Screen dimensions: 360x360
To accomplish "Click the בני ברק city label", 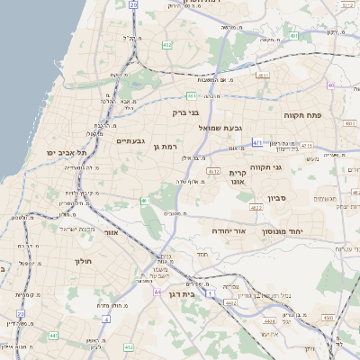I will (188, 113).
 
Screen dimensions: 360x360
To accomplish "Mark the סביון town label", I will (275, 197).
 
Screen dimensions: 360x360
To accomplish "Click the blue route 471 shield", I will (257, 142).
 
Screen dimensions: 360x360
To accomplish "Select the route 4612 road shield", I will (213, 170).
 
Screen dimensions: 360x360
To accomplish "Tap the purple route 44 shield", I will (157, 292).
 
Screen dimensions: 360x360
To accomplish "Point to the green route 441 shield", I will (54, 335).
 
